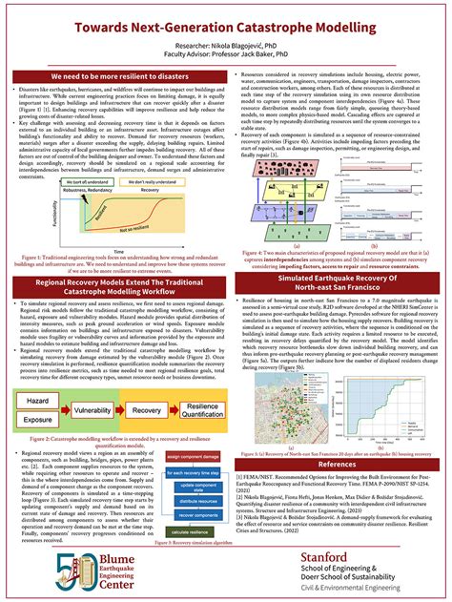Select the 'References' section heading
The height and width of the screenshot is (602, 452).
339,464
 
